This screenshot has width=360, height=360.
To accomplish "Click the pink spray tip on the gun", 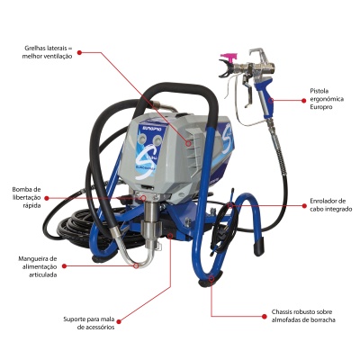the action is (x=229, y=57).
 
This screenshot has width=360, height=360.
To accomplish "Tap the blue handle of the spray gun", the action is (x=265, y=95).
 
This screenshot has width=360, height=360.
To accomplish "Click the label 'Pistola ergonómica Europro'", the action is (x=327, y=99).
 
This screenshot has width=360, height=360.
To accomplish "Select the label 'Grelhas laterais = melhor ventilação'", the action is (x=48, y=52).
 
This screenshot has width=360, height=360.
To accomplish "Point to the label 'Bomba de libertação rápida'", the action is (x=26, y=197).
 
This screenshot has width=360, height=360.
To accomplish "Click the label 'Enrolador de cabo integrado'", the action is (x=330, y=205).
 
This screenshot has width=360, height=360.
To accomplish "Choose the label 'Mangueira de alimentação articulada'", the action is (x=38, y=266).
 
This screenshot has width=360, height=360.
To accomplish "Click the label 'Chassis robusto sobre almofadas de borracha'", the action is (x=303, y=316).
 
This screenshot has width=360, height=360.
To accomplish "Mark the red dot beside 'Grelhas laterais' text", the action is (x=79, y=52).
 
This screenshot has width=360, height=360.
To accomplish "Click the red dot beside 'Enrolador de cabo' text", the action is (x=304, y=206).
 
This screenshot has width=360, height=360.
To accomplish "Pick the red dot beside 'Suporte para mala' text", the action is (x=119, y=321).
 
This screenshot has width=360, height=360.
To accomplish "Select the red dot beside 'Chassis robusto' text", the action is (x=265, y=316).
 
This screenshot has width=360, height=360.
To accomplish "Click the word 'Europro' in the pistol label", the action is (x=321, y=107).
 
